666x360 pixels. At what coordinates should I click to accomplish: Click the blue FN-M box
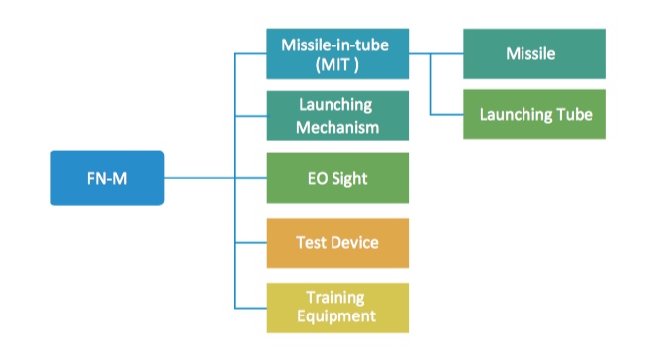click(107, 178)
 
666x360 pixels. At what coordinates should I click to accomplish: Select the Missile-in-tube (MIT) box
click(337, 53)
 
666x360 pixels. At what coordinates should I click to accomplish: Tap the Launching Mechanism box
click(337, 116)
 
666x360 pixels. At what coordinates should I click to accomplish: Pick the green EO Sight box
click(337, 178)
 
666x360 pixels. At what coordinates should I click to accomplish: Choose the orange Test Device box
click(337, 242)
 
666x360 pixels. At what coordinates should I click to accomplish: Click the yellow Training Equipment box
click(337, 307)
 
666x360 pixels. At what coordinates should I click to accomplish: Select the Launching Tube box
click(535, 114)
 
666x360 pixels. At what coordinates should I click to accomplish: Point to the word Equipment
click(337, 316)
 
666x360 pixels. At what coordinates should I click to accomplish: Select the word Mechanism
click(337, 127)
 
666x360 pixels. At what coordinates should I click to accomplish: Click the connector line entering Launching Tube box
click(447, 114)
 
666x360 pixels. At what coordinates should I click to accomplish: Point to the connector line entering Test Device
click(250, 242)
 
